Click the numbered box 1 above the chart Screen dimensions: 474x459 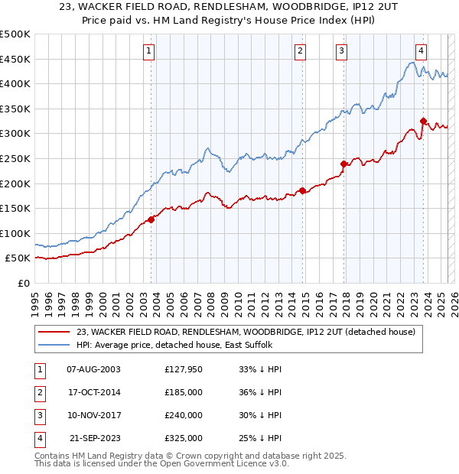pyautogui.click(x=148, y=51)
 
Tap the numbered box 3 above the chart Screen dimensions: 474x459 pyautogui.click(x=341, y=51)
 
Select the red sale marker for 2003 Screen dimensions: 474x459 pyautogui.click(x=151, y=219)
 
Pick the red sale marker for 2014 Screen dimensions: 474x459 pyautogui.click(x=303, y=190)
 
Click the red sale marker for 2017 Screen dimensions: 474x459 pyautogui.click(x=344, y=164)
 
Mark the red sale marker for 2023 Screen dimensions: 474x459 pyautogui.click(x=423, y=121)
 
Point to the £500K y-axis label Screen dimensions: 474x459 pyautogui.click(x=15, y=34)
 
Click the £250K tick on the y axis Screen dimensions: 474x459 pyautogui.click(x=15, y=158)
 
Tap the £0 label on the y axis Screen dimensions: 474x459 pyautogui.click(x=23, y=283)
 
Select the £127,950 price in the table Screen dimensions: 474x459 pyautogui.click(x=184, y=370)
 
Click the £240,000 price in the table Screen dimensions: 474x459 pyautogui.click(x=184, y=416)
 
